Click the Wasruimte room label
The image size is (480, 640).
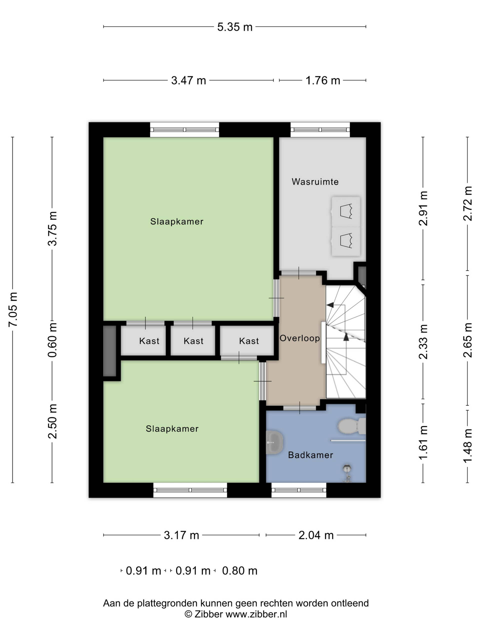coord(315,182)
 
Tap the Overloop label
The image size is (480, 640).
coord(299,338)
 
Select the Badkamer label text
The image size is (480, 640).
coord(310,455)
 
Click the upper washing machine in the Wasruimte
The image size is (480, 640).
coord(346,211)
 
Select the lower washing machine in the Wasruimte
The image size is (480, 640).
coord(346,241)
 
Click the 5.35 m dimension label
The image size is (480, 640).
coord(235,27)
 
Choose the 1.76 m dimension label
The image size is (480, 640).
coord(322,80)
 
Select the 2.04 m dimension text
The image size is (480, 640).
coord(316,535)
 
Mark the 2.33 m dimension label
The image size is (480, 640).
coord(423,342)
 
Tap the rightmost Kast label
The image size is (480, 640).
coord(249,341)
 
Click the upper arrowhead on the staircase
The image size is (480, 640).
coord(330,305)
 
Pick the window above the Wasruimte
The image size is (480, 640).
coord(320,129)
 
